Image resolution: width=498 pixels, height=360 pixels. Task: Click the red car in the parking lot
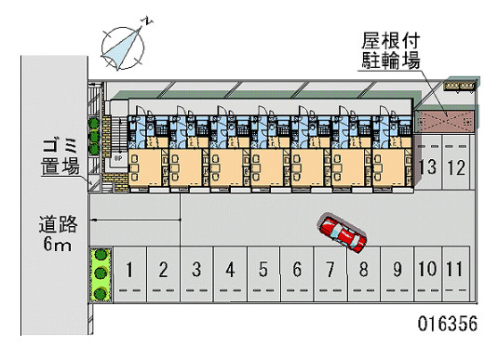click(342, 234)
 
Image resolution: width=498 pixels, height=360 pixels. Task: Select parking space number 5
click(263, 273)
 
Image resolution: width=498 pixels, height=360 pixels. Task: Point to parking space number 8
click(363, 273)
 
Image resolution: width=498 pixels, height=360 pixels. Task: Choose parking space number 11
click(453, 273)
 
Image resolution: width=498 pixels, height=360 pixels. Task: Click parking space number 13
click(428, 167)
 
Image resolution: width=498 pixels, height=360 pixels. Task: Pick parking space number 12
click(455, 167)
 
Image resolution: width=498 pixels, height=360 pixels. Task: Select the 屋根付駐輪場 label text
click(390, 52)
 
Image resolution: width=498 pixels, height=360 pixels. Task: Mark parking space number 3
click(196, 273)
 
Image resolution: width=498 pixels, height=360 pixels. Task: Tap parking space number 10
click(427, 273)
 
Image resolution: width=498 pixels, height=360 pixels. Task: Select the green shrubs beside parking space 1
click(98, 273)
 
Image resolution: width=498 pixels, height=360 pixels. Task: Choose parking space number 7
click(330, 273)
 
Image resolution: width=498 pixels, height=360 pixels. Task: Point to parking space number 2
click(163, 273)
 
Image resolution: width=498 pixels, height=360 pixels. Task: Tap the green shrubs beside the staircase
click(94, 136)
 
